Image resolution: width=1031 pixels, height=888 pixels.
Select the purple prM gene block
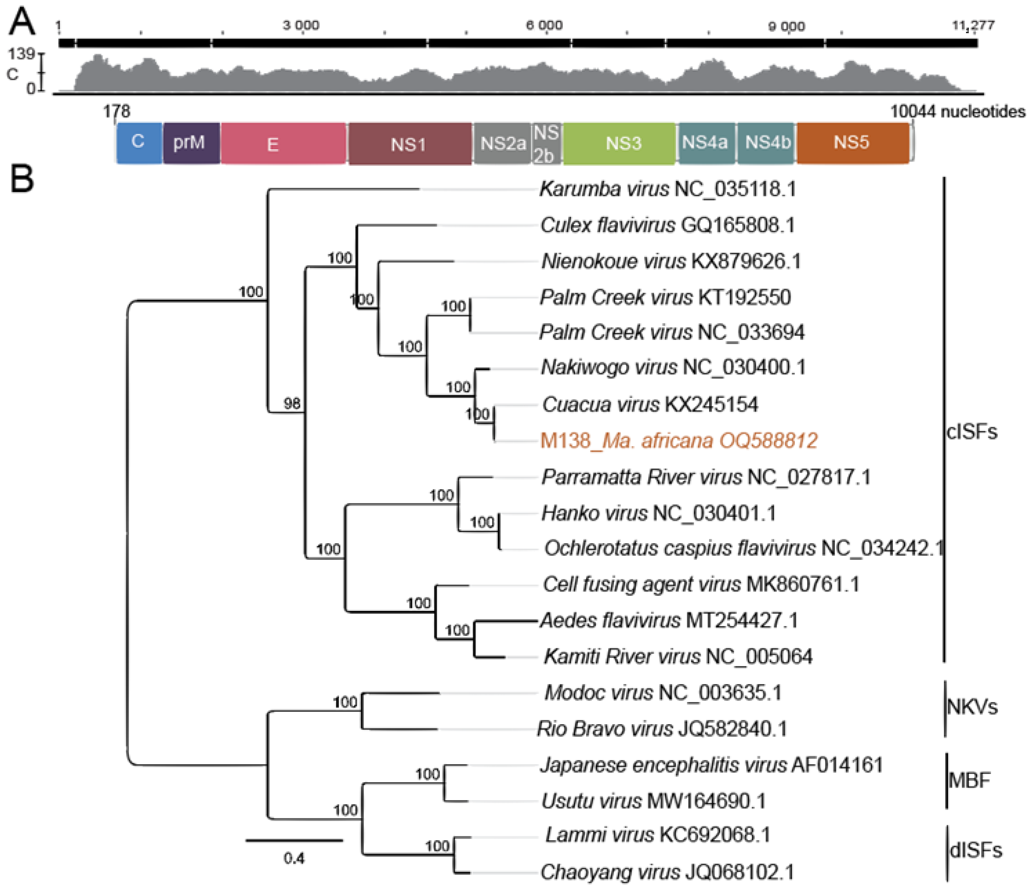click(x=191, y=143)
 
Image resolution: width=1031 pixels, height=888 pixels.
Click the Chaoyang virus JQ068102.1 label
click(x=667, y=872)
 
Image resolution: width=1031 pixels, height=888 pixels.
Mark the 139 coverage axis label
click(x=21, y=54)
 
